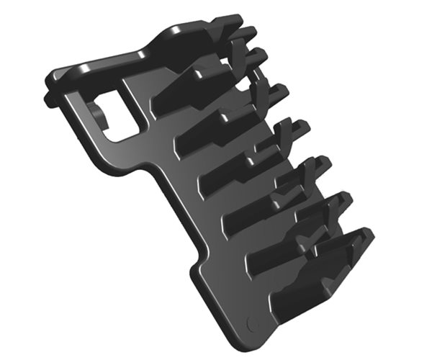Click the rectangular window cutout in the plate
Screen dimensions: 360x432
(x=119, y=114)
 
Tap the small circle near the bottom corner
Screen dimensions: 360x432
(x=252, y=322)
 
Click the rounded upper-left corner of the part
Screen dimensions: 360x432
(x=54, y=76)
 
